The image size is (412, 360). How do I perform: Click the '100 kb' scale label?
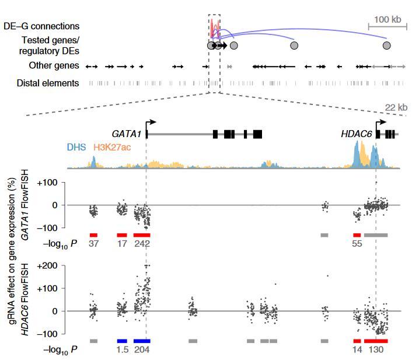tap(388, 19)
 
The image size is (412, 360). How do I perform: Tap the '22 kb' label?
tap(397, 107)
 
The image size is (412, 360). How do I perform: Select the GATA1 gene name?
tap(128, 134)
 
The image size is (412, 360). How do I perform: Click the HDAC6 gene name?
tap(357, 134)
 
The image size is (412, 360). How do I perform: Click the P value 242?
tap(142, 244)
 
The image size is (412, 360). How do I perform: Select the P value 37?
tap(93, 244)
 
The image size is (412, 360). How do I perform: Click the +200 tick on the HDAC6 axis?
tap(51, 265)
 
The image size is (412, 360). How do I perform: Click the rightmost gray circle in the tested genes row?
tap(386, 45)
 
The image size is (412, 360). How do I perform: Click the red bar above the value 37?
tap(93, 235)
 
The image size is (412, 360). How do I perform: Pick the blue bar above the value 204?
tap(142, 340)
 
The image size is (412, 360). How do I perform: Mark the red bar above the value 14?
tap(357, 340)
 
